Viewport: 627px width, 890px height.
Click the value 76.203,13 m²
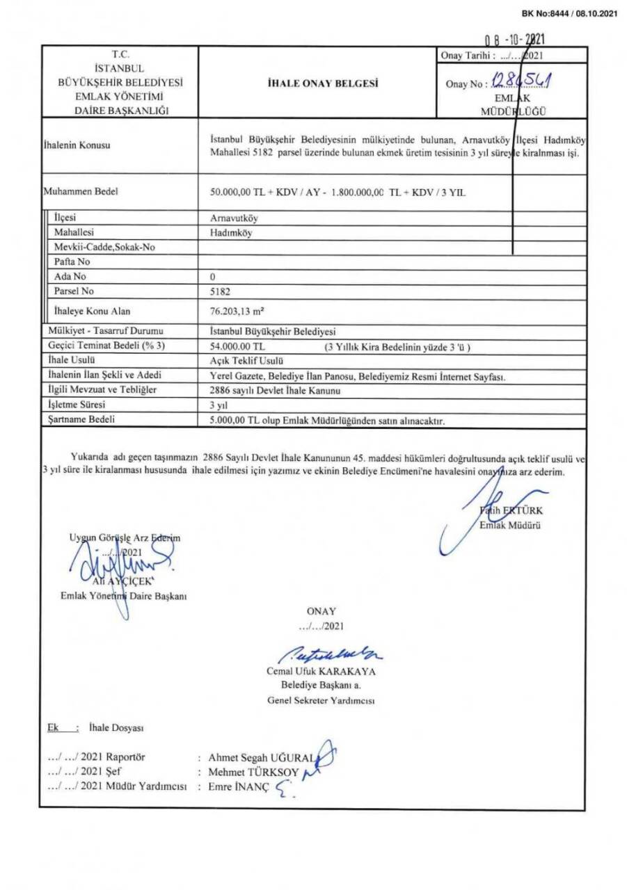pyautogui.click(x=235, y=311)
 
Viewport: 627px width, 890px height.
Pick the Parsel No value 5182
pyautogui.click(x=219, y=292)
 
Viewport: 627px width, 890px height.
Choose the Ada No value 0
pyautogui.click(x=212, y=277)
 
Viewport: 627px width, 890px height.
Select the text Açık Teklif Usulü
pyautogui.click(x=244, y=361)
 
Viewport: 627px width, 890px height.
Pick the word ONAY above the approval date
pyautogui.click(x=322, y=610)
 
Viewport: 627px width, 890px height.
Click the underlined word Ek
pyautogui.click(x=51, y=727)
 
